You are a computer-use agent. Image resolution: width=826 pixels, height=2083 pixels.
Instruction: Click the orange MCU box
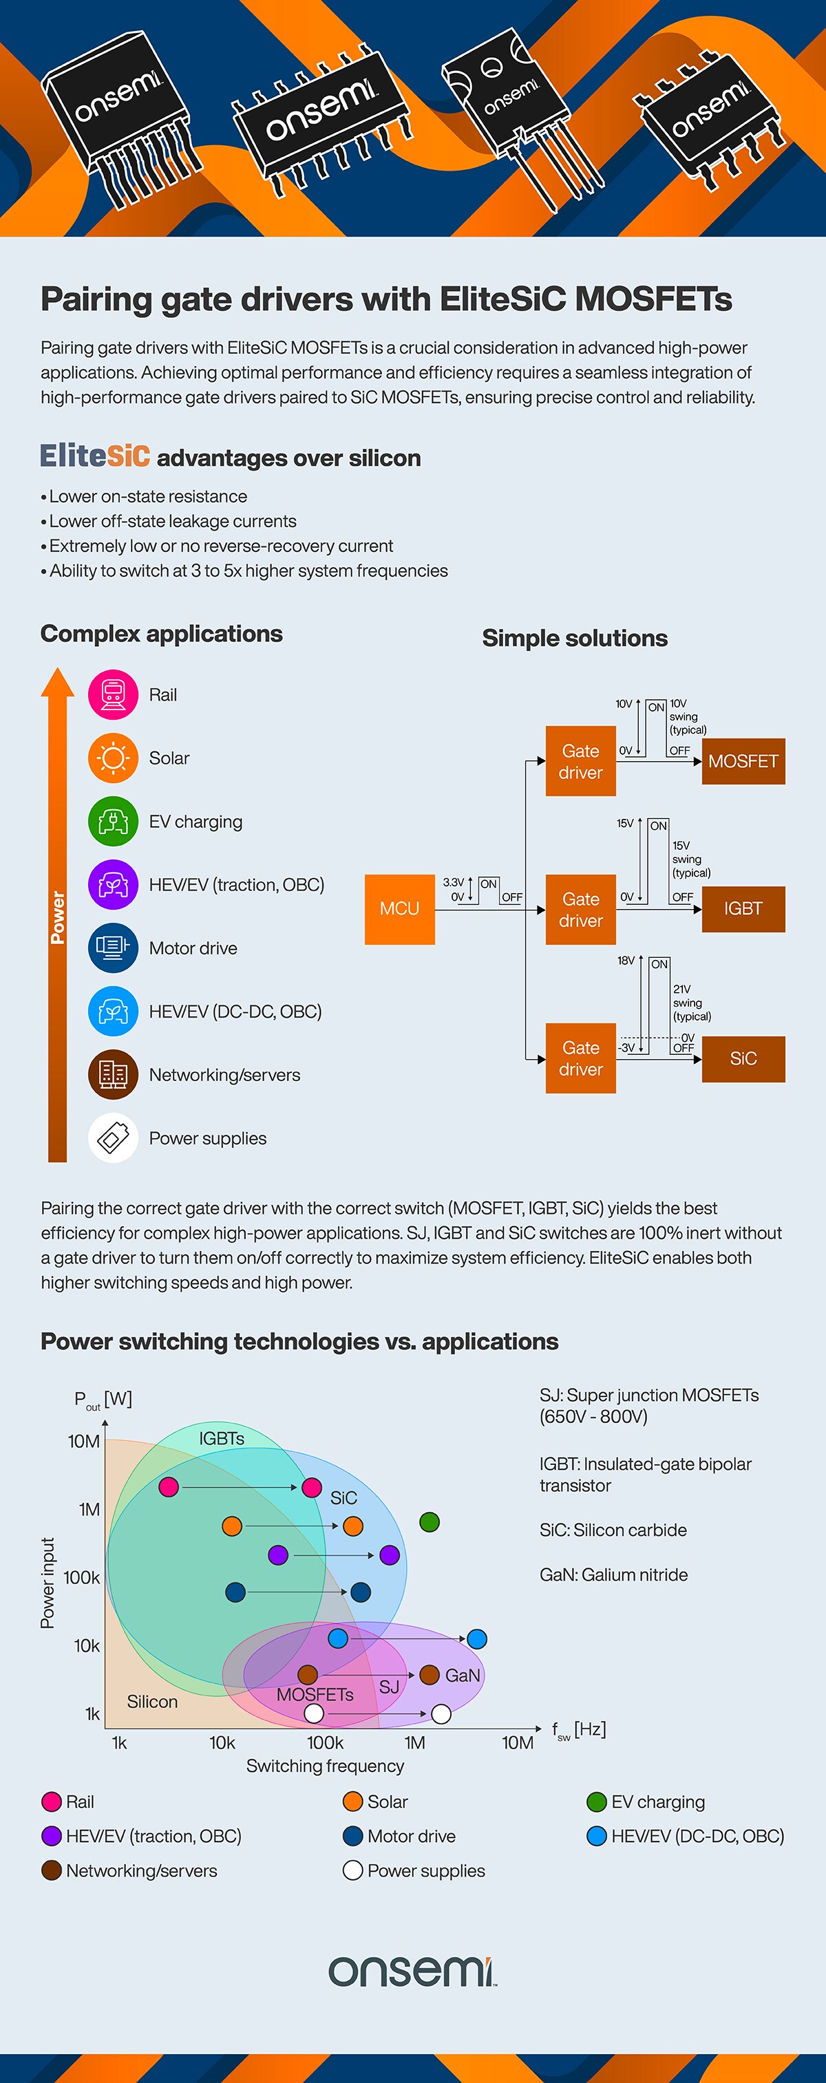(x=400, y=909)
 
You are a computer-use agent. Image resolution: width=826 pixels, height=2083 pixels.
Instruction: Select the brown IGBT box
(x=743, y=909)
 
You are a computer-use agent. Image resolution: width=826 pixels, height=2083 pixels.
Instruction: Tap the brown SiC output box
(x=743, y=1058)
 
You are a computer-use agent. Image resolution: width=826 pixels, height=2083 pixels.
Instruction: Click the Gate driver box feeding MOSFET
(x=580, y=761)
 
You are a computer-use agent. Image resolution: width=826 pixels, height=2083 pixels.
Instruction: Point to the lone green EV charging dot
(x=430, y=1521)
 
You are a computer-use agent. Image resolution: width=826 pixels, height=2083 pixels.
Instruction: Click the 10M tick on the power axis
(x=84, y=1441)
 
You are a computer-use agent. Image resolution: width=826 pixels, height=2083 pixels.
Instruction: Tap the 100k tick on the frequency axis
(x=325, y=1742)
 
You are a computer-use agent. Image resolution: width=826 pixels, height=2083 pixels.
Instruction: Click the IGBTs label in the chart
(x=222, y=1438)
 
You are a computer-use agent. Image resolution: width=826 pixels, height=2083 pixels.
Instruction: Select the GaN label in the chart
(x=463, y=1675)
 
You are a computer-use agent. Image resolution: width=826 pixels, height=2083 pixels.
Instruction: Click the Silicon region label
(x=152, y=1701)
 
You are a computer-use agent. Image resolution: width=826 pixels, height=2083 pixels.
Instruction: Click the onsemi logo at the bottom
(x=412, y=1972)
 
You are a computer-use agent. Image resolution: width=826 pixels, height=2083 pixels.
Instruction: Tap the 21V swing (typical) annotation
(x=691, y=1003)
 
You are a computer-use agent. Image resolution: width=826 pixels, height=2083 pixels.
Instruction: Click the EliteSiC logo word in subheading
(x=96, y=456)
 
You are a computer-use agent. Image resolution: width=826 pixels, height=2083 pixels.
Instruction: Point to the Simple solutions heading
(x=574, y=638)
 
